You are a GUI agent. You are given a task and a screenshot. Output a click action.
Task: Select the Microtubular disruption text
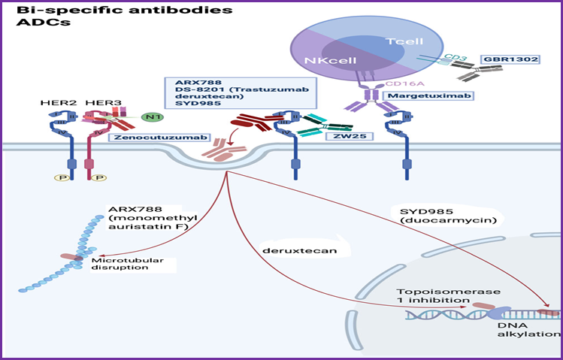coord(120,265)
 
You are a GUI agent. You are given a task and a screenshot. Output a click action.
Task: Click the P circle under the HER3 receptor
coord(99,177)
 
